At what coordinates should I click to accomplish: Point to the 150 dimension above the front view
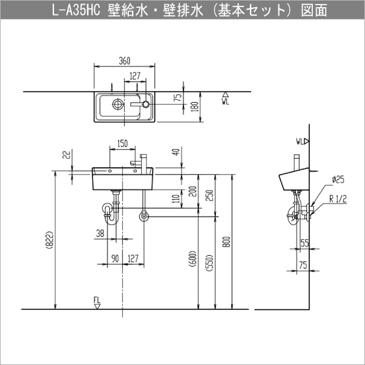(x=122, y=144)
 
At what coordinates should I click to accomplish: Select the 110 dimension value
(x=175, y=198)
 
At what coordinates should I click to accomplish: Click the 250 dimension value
(x=210, y=196)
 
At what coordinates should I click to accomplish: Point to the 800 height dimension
(x=226, y=242)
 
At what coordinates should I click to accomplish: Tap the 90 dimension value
(x=115, y=258)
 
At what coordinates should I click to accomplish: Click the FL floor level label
(x=97, y=300)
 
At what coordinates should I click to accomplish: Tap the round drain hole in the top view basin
(x=118, y=103)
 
